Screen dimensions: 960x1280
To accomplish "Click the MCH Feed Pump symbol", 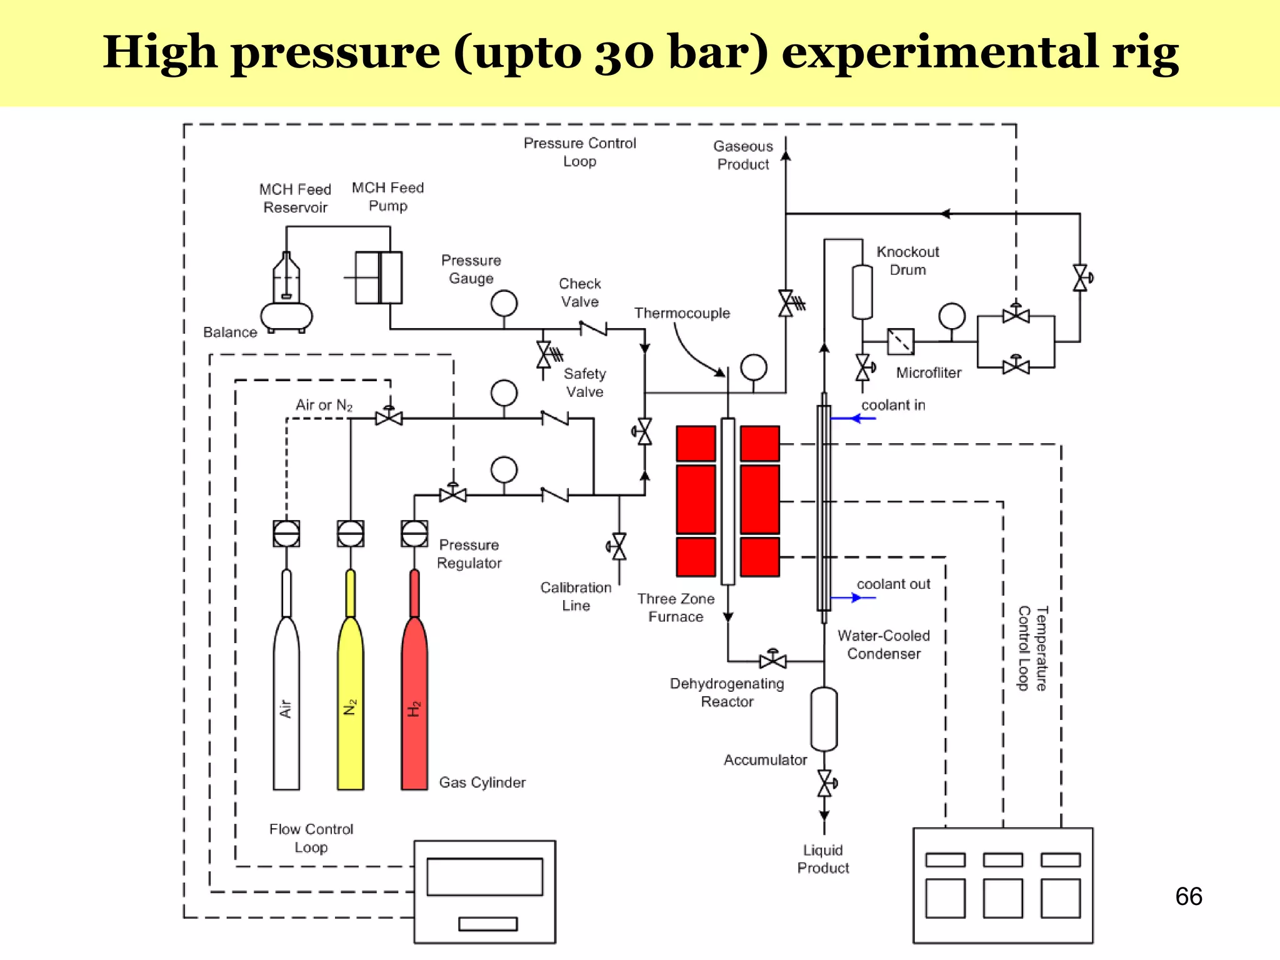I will pyautogui.click(x=379, y=277).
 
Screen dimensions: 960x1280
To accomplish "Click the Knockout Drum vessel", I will pyautogui.click(x=862, y=292).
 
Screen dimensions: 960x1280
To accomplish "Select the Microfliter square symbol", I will pyautogui.click(x=901, y=341).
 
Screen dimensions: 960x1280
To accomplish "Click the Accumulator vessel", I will pyautogui.click(x=824, y=719).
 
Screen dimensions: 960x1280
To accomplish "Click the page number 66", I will pyautogui.click(x=1188, y=896).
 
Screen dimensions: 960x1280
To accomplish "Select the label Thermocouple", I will pyautogui.click(x=682, y=313).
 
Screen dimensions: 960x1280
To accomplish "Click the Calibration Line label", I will pyautogui.click(x=576, y=596).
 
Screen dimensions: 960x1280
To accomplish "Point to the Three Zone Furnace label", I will pyautogui.click(x=676, y=607).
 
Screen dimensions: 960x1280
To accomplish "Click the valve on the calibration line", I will pyautogui.click(x=618, y=547).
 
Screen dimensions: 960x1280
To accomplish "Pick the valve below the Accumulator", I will pyautogui.click(x=825, y=783).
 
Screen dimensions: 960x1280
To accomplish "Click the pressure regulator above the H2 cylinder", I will pyautogui.click(x=414, y=534).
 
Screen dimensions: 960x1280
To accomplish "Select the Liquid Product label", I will pyautogui.click(x=823, y=859).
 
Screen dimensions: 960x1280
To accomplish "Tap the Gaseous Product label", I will pyautogui.click(x=743, y=155).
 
